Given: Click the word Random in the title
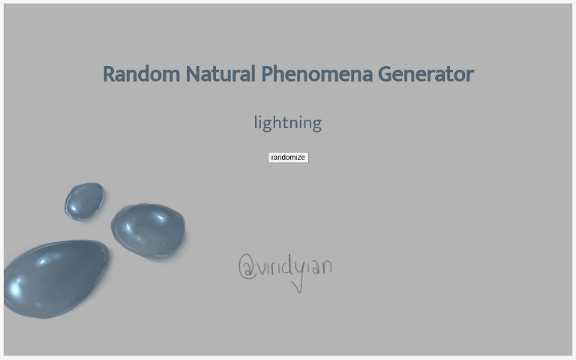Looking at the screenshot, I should pos(141,74).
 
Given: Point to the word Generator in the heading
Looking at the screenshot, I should pos(425,74).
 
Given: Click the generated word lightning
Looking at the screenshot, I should pos(287,122).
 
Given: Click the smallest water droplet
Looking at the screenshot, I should pos(84,200).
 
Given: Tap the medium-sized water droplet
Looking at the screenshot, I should pos(148,229).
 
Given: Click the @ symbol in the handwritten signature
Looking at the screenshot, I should pos(247,267).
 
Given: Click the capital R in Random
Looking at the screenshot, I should pos(109,74).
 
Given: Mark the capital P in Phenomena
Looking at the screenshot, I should pos(266,74).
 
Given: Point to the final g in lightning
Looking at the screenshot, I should pos(316,124).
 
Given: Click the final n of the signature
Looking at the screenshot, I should pos(325,266).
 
